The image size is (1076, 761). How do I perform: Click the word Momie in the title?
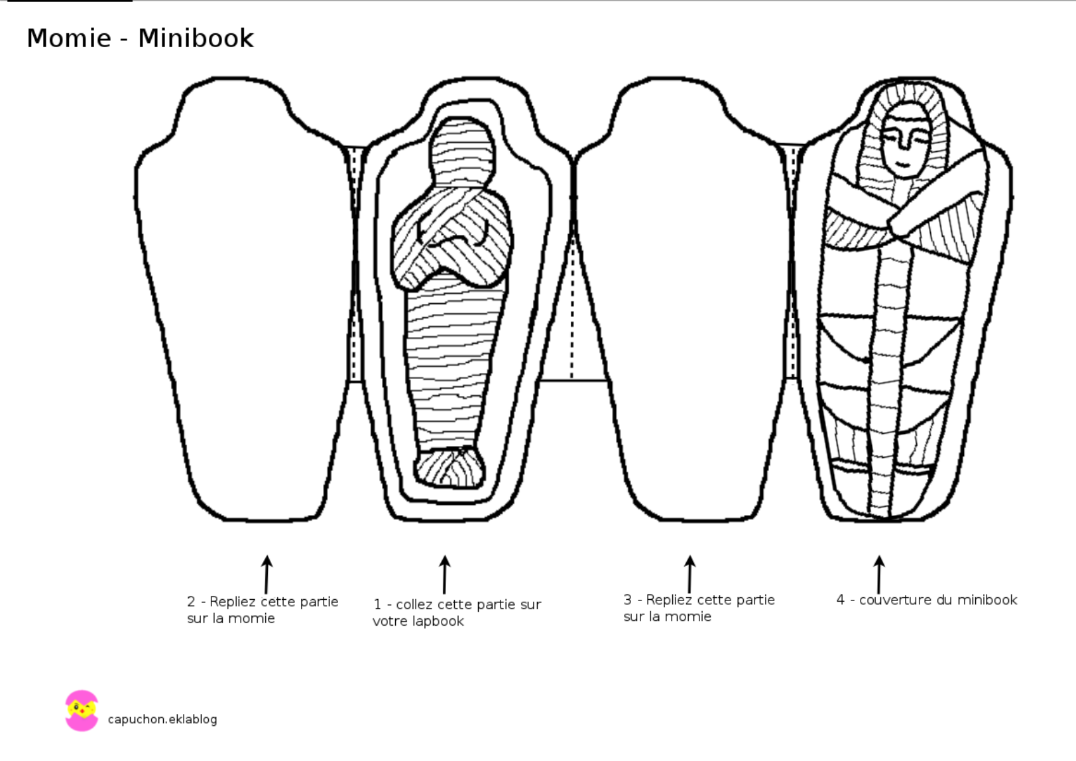(x=69, y=38)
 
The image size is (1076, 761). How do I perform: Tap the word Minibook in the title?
(x=196, y=38)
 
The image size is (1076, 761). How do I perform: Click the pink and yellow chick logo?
(x=82, y=711)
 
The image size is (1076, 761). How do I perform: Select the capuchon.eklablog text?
(x=162, y=719)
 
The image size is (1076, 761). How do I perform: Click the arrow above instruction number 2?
(x=267, y=575)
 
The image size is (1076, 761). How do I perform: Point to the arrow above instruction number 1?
(x=445, y=575)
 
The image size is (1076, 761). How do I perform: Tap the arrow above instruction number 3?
(x=689, y=575)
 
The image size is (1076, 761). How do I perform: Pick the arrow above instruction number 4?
(x=879, y=575)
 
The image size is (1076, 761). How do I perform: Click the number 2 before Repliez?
(x=191, y=601)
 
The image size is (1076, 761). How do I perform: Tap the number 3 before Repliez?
(x=628, y=600)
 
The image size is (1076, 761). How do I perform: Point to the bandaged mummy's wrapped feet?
(x=450, y=468)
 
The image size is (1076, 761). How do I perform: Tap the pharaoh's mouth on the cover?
(x=902, y=165)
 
